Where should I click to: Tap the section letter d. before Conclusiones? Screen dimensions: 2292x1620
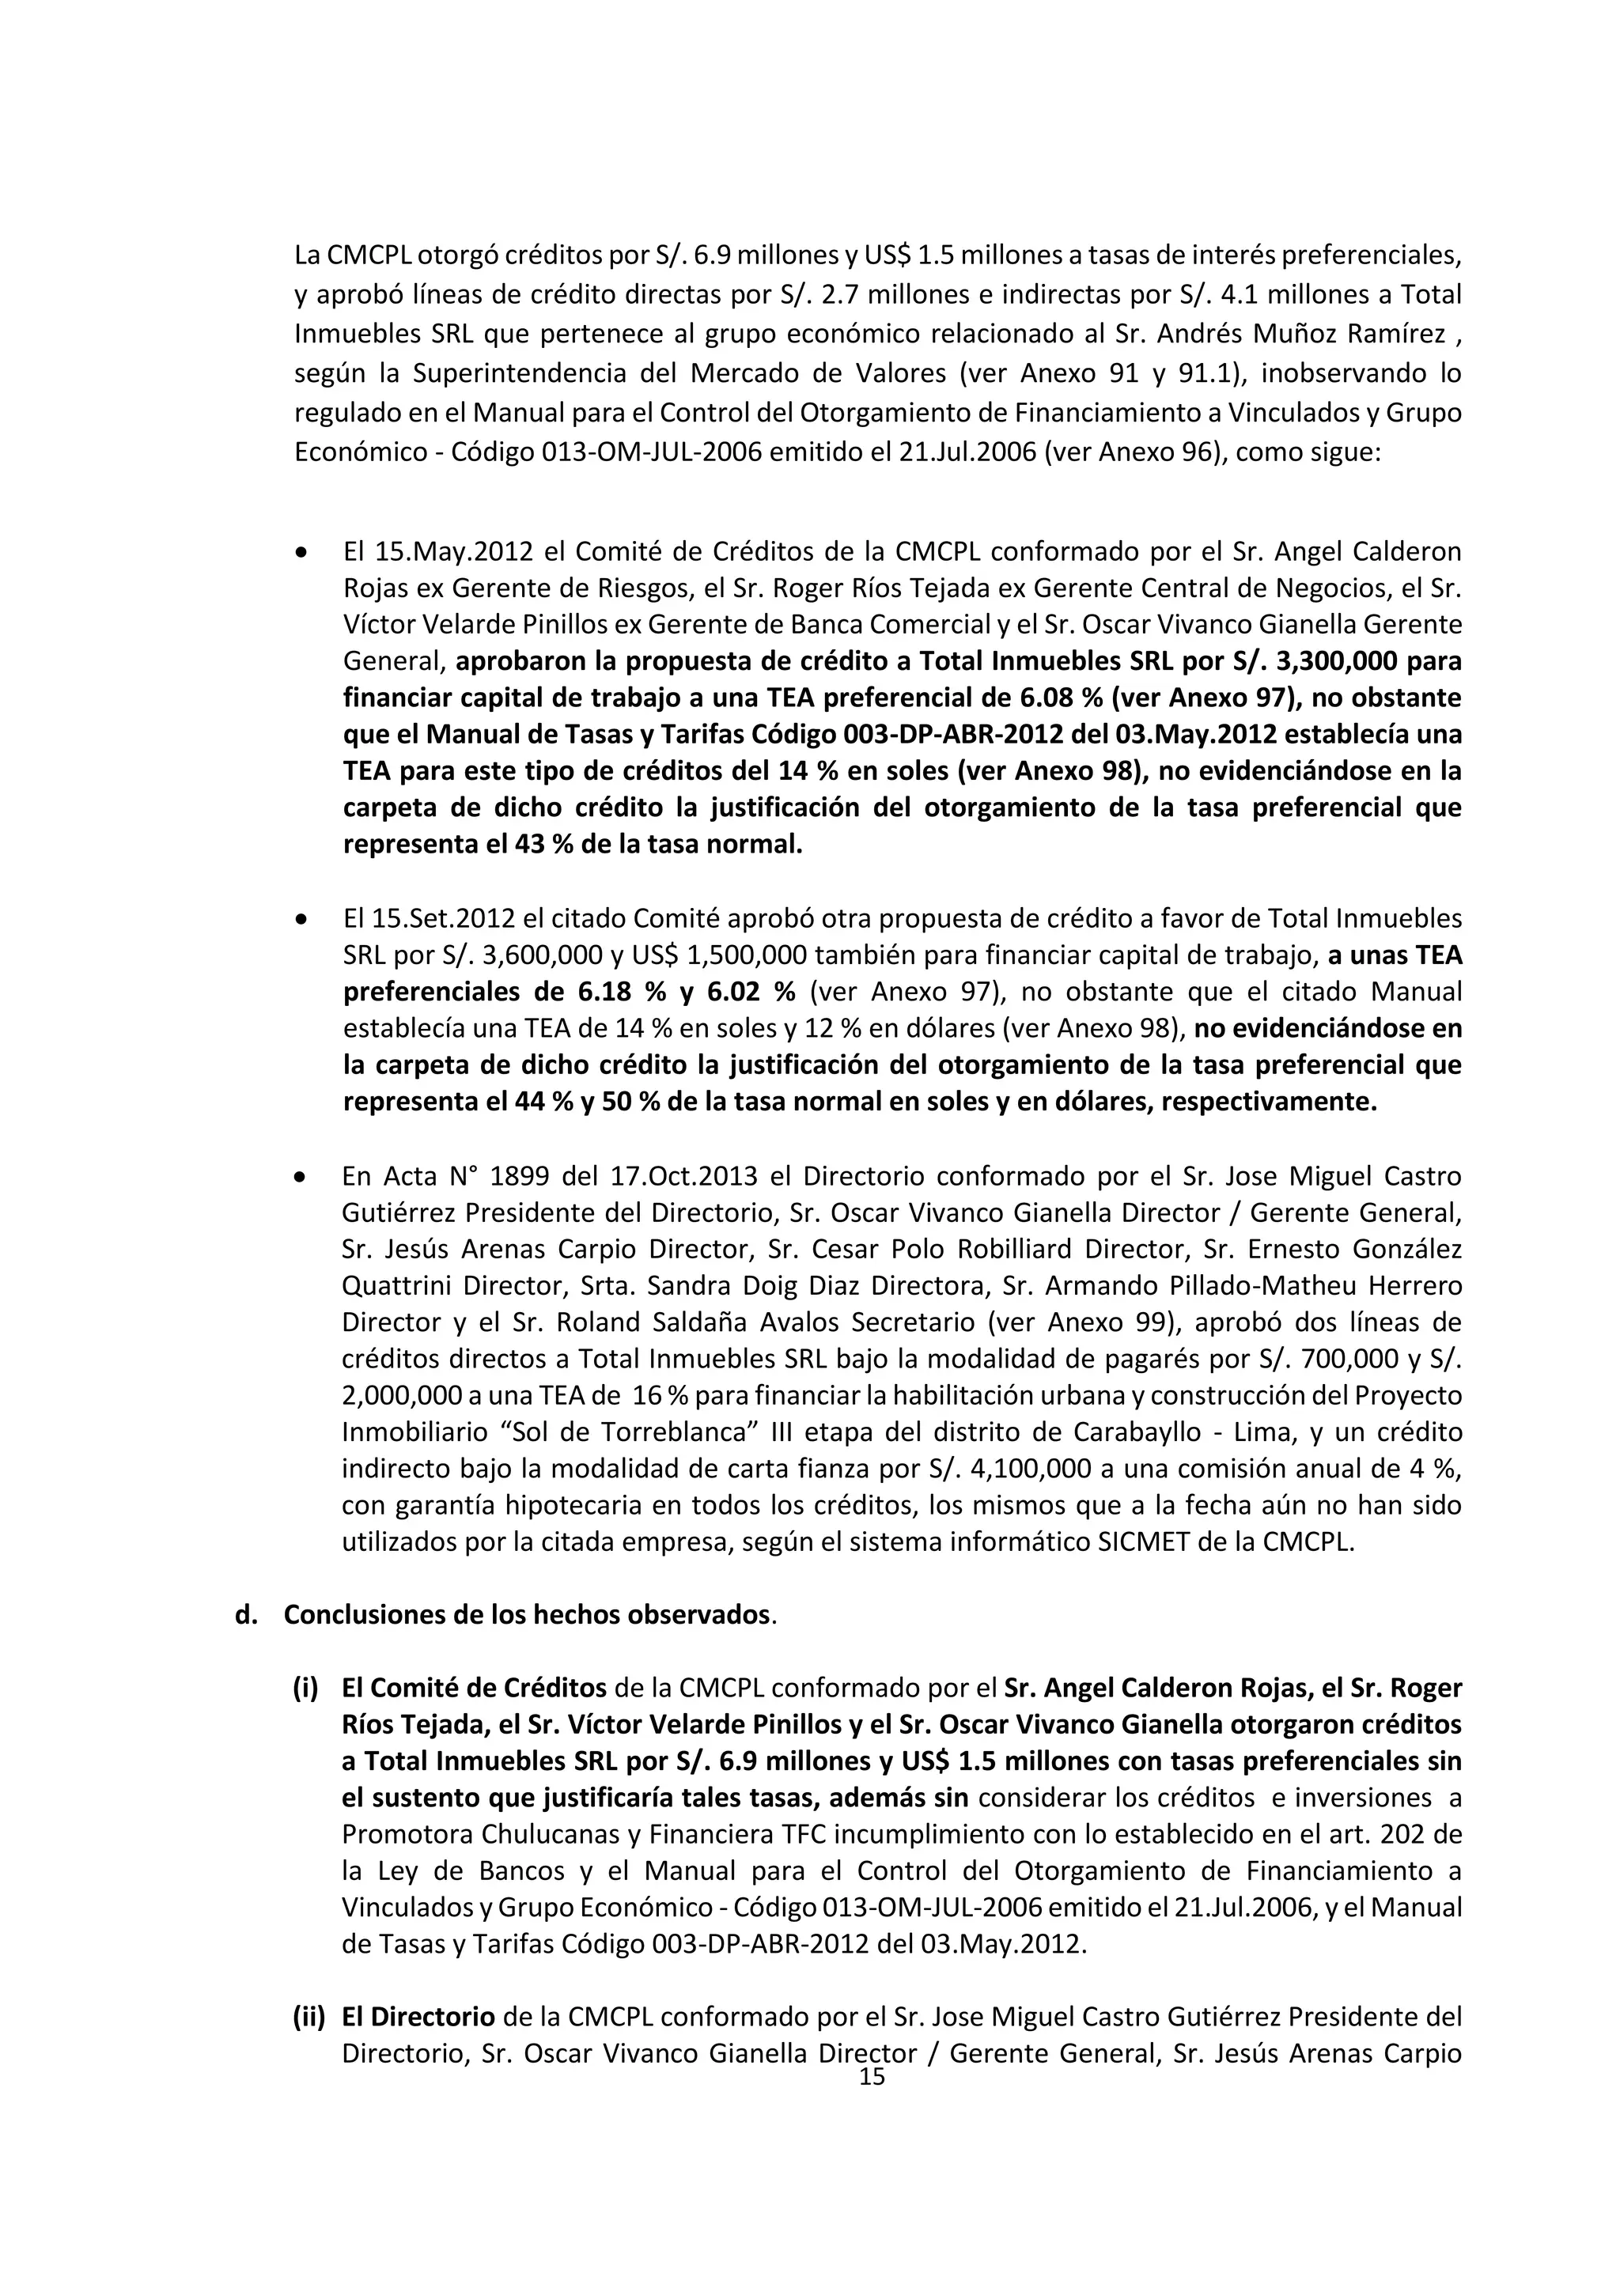click(x=244, y=1615)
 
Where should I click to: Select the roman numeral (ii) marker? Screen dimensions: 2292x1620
click(x=308, y=2018)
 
